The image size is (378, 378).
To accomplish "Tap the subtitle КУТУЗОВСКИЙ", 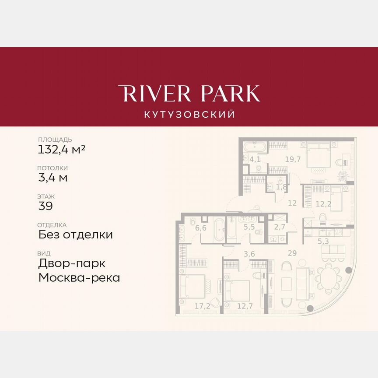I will point(189,115).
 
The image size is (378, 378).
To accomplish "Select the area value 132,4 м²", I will point(62,150).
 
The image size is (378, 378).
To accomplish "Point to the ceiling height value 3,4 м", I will point(53,178).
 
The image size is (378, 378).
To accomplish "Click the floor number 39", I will point(45,206).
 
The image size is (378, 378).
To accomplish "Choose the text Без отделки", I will point(76,234).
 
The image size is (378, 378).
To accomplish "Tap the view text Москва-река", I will point(79,277).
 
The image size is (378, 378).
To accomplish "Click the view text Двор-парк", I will point(72,263).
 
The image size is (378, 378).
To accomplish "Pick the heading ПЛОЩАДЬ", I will point(55,140).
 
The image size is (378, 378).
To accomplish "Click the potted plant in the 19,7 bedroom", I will point(343,175).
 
